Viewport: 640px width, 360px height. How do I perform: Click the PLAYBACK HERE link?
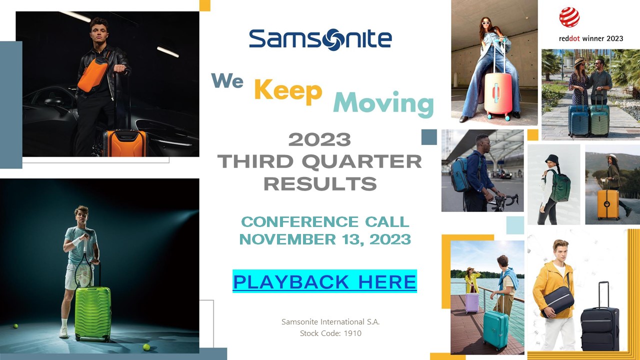325,281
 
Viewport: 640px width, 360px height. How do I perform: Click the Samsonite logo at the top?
320,39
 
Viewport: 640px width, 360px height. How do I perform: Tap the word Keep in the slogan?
288,91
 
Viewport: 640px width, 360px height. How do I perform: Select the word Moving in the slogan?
383,103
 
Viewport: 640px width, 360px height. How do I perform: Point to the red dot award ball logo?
569,17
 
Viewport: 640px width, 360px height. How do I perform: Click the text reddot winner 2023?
591,38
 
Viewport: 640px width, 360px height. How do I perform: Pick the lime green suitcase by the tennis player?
92,314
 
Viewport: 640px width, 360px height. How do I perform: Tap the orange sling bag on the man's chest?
93,73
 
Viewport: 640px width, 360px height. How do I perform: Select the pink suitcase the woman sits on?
497,93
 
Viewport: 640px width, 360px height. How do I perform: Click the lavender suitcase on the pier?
472,303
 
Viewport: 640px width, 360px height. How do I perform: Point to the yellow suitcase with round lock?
608,204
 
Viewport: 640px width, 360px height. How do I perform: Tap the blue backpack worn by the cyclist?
459,174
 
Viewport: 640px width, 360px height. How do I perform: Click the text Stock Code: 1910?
330,333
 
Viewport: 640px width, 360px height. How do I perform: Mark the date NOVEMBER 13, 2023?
325,239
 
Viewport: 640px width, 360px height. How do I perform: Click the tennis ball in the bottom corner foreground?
146,347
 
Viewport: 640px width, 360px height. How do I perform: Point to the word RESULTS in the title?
320,183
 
